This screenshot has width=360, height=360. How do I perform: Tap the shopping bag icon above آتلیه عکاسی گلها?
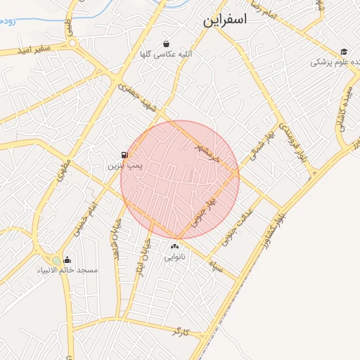pyautogui.click(x=166, y=43)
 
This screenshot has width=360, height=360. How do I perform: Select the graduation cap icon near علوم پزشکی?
pyautogui.click(x=344, y=51)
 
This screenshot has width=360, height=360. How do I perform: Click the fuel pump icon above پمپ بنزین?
pyautogui.click(x=124, y=155)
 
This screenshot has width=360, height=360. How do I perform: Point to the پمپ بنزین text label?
pyautogui.click(x=122, y=166)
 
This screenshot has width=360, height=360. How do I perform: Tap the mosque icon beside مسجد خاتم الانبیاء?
pyautogui.click(x=67, y=259)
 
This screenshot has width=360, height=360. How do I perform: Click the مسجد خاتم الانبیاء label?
pyautogui.click(x=69, y=271)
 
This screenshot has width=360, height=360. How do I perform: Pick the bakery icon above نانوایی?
pyautogui.click(x=175, y=246)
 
